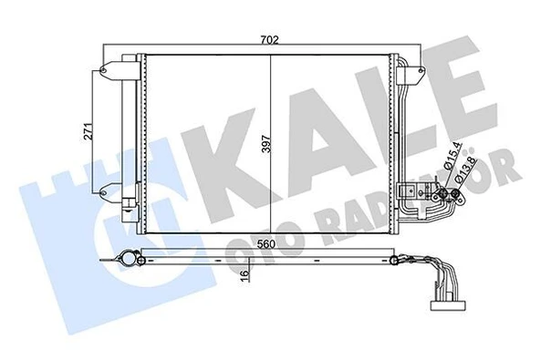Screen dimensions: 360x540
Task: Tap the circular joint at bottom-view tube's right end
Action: [x=394, y=263]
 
